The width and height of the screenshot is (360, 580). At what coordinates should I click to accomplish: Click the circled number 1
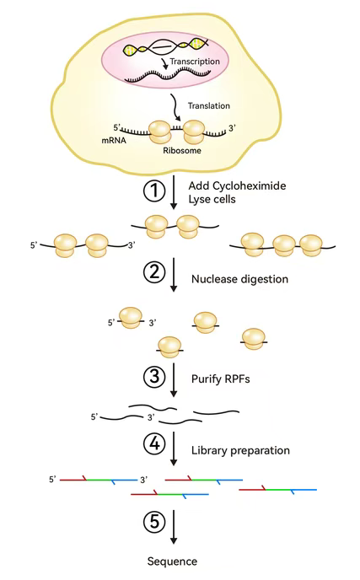click(x=154, y=191)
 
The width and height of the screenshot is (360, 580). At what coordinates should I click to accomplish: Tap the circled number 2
click(x=154, y=271)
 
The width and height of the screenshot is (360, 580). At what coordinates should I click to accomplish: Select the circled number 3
click(x=154, y=377)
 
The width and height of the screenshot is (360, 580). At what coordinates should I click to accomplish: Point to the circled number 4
click(x=154, y=443)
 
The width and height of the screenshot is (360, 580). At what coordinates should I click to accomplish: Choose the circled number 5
click(x=154, y=522)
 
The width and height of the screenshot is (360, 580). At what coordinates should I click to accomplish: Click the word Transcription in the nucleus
click(x=195, y=62)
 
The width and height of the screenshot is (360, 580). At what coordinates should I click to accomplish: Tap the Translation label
click(x=209, y=105)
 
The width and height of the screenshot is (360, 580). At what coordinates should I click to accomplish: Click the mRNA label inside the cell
click(x=114, y=141)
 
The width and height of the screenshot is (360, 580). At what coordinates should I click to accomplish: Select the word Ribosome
click(x=182, y=151)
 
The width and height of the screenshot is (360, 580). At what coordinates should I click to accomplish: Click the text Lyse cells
click(x=212, y=199)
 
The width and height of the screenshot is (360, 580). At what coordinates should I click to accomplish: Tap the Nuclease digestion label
click(x=239, y=279)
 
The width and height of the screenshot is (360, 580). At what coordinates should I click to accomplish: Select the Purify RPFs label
click(x=221, y=379)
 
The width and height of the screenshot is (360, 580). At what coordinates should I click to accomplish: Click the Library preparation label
click(x=240, y=450)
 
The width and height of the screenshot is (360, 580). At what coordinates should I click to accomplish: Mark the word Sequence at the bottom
click(x=172, y=561)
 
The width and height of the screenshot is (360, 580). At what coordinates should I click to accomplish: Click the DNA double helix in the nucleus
click(x=165, y=46)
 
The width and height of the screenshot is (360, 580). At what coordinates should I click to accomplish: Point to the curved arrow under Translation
click(x=175, y=108)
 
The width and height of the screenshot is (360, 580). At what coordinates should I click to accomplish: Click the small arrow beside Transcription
click(x=164, y=63)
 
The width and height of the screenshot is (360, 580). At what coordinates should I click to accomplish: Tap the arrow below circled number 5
click(x=173, y=527)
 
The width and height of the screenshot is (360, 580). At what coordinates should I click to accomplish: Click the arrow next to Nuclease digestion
click(x=173, y=275)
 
